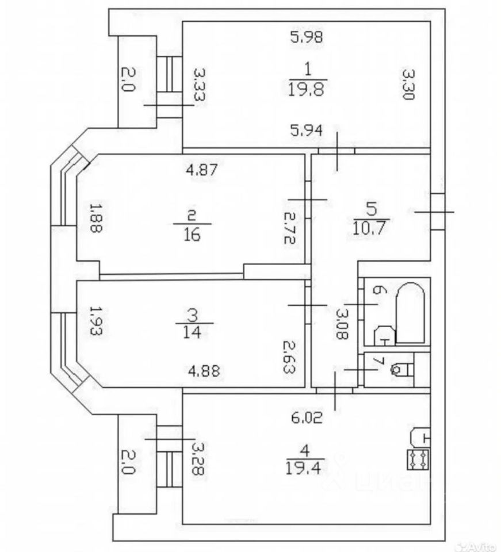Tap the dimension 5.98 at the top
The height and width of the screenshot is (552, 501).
(x=307, y=38)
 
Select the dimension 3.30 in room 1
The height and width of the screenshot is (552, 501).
(x=408, y=85)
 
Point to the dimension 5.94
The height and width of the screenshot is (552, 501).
(x=307, y=131)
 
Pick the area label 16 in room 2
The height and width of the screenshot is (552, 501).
(x=192, y=235)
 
